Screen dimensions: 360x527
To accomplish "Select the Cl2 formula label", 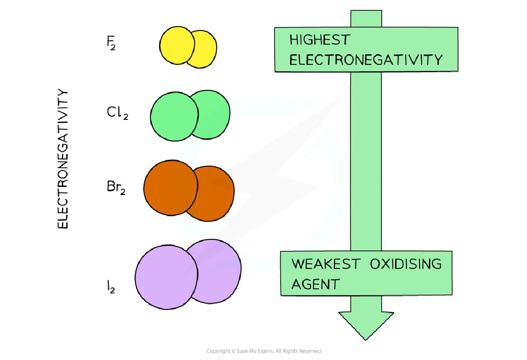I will tap(117, 113).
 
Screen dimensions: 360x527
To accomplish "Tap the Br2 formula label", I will tap(116, 188).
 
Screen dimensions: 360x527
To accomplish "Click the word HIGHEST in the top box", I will tap(319, 40).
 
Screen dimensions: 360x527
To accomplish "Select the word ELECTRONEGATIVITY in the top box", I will tap(365, 60).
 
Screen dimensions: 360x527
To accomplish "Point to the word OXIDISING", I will tap(405, 263).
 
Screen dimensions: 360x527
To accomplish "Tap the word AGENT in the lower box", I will tap(315, 284).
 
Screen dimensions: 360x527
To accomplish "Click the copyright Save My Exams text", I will tap(263, 351).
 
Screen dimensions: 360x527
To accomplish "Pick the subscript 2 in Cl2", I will tap(125, 116).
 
